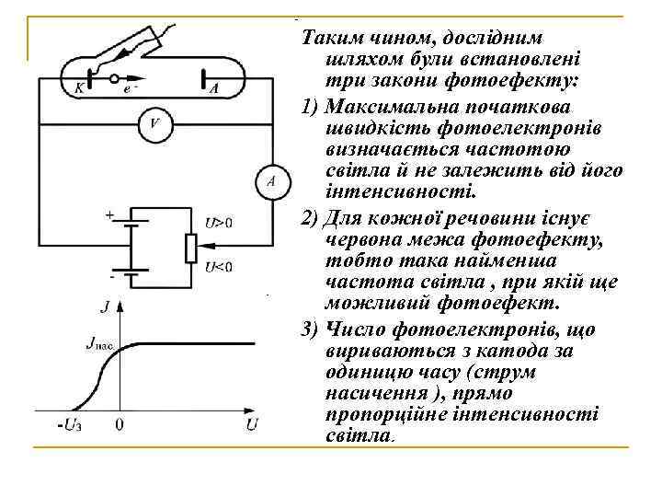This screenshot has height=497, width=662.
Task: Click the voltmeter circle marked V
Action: tap(154, 125)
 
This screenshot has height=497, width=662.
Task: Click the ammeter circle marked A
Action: tap(271, 181)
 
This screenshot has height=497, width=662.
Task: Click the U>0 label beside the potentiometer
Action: tap(219, 222)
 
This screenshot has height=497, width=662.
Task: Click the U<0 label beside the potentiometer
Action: tap(219, 267)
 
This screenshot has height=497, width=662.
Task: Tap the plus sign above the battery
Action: tap(110, 215)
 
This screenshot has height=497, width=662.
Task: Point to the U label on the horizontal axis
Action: tap(252, 425)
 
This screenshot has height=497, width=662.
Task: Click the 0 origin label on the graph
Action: tap(120, 426)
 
